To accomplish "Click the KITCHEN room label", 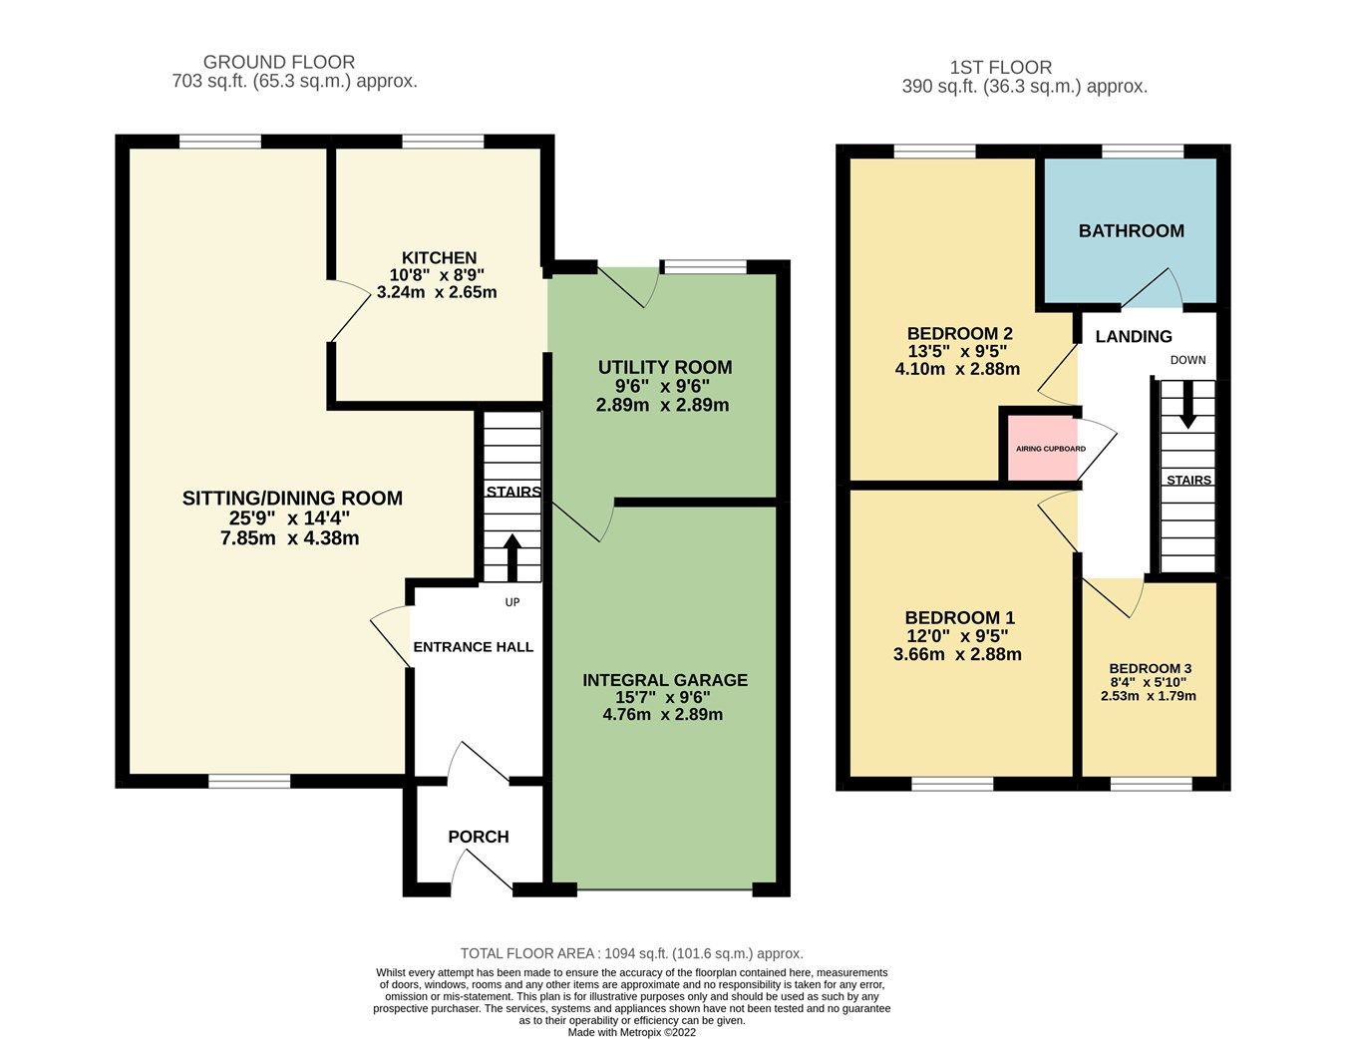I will coord(439,258).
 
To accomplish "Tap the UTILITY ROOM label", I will coord(665,368).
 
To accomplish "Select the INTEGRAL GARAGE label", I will coord(665,680).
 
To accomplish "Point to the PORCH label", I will coord(479,837).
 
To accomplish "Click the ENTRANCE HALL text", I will coord(474,647).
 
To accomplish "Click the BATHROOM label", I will coord(1132,231).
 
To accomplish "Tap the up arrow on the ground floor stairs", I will coord(512,556).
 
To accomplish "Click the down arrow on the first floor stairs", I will coord(1187,407).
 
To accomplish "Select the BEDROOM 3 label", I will coord(1150,669).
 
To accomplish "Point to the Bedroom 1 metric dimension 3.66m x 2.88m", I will coord(957,655).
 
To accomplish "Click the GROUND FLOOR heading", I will coord(279,62).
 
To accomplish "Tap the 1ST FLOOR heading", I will coord(1000,68).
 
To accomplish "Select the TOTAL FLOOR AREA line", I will coord(631,953).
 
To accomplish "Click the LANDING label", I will coord(1134,337).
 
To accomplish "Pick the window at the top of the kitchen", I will coord(443,142).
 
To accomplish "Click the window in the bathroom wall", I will coord(1143,152).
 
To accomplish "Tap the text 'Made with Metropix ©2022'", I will coord(631,1032).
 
